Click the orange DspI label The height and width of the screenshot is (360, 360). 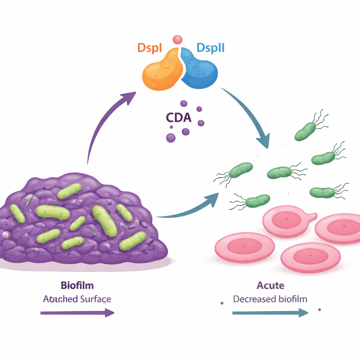[x=150, y=47]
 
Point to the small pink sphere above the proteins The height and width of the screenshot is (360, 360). [x=178, y=39]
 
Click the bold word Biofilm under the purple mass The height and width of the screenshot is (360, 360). [x=77, y=285]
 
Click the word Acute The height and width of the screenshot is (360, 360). [x=270, y=285]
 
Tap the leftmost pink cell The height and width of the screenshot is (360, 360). [x=245, y=248]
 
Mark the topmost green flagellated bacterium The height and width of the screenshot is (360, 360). [x=306, y=131]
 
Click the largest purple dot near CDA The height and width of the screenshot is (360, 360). [x=171, y=137]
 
